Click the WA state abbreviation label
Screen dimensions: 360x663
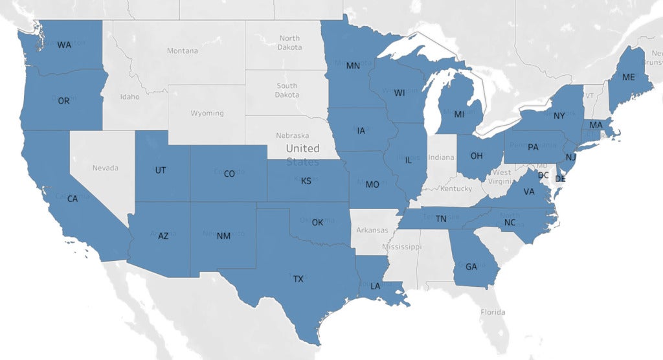pyautogui.click(x=64, y=45)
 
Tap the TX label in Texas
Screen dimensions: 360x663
pyautogui.click(x=298, y=279)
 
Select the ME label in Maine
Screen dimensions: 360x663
pyautogui.click(x=628, y=76)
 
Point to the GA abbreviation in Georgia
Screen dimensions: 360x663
pyautogui.click(x=471, y=266)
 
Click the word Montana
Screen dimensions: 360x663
pyautogui.click(x=182, y=51)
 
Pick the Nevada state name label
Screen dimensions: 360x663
pyautogui.click(x=105, y=168)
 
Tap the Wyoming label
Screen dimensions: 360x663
pyautogui.click(x=207, y=113)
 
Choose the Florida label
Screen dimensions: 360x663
pyautogui.click(x=492, y=312)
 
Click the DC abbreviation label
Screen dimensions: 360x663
pyautogui.click(x=543, y=175)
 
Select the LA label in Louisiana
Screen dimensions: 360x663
pyautogui.click(x=376, y=286)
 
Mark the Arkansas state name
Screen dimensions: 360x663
pyautogui.click(x=372, y=230)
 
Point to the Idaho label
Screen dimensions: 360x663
pyautogui.click(x=129, y=96)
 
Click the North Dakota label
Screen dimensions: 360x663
pyautogui.click(x=289, y=43)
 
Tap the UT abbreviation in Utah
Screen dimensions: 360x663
pyautogui.click(x=161, y=170)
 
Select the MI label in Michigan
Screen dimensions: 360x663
pyautogui.click(x=459, y=115)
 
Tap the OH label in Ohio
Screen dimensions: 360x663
pyautogui.click(x=477, y=156)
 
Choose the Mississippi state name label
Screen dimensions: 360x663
pyautogui.click(x=401, y=247)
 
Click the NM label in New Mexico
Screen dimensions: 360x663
pyautogui.click(x=223, y=236)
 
